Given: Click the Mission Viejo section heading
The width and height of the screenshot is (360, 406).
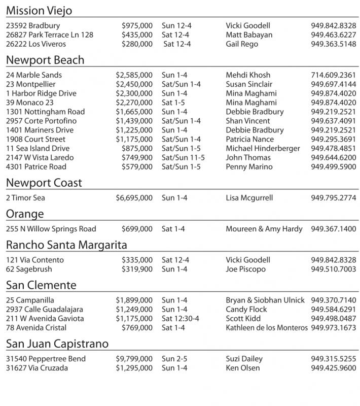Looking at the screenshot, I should [x=39, y=11].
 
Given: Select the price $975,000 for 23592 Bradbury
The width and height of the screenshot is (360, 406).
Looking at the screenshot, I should [x=137, y=26].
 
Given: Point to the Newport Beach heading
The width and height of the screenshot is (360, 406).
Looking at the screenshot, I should [x=45, y=60].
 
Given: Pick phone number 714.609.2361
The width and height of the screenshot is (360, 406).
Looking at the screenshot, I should [x=333, y=75].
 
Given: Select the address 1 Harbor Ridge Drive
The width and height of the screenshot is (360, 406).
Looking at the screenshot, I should [x=41, y=93].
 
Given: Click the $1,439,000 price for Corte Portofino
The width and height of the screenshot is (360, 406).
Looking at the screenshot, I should [x=134, y=121].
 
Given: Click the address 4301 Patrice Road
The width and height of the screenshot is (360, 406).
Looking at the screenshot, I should [x=36, y=166].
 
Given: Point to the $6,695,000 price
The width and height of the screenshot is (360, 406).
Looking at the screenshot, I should [x=134, y=198].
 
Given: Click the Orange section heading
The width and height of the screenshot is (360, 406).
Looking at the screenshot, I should [x=25, y=214].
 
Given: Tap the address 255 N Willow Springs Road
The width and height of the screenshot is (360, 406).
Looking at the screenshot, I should [x=51, y=229].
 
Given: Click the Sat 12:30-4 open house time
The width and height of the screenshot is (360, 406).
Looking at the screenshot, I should [x=180, y=318].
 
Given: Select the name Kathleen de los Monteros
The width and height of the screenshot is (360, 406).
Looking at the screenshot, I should [x=266, y=327].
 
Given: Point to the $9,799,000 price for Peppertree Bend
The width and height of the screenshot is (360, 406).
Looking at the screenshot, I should [x=134, y=359].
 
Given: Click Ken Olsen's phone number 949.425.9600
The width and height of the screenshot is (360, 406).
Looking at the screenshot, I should [x=333, y=368].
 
